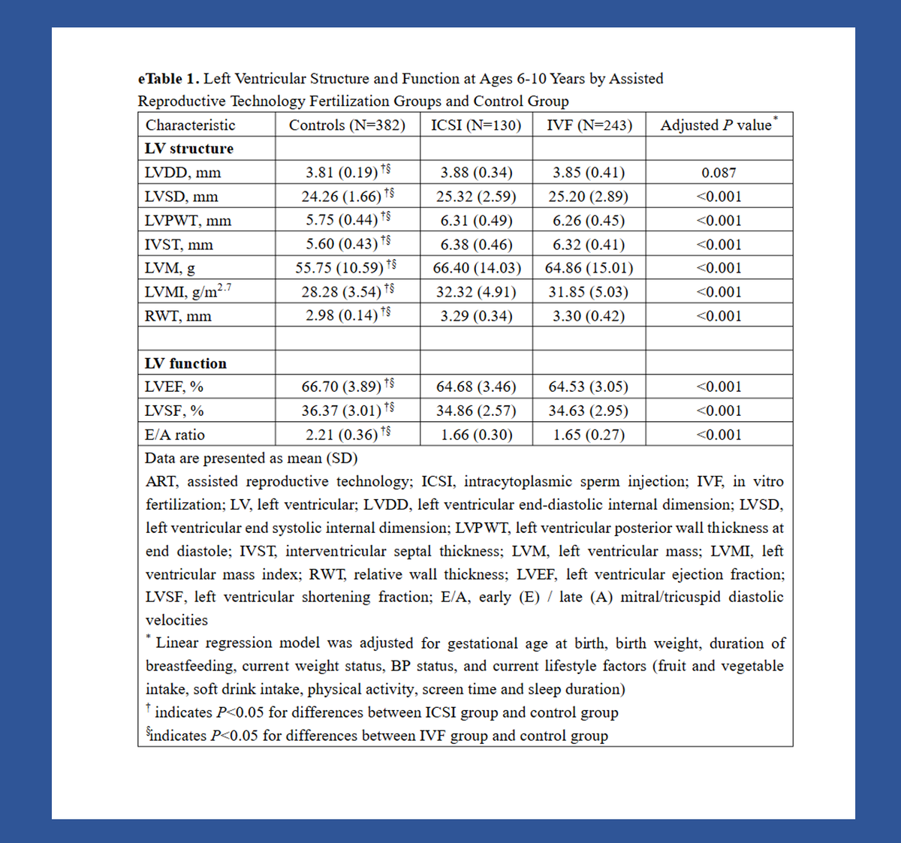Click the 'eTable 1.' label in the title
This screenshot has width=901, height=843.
click(169, 79)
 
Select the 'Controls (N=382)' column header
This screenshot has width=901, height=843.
click(347, 125)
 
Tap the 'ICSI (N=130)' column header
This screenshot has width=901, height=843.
click(476, 125)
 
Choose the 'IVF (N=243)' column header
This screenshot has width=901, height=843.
click(589, 125)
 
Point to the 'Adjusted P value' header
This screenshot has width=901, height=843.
click(717, 125)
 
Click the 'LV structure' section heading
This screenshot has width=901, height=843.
click(188, 149)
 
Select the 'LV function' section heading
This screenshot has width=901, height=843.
click(185, 363)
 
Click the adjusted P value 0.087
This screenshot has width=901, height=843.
click(719, 173)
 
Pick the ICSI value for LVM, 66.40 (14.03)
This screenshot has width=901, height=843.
click(476, 268)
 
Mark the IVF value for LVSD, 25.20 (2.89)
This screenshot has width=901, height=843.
click(589, 197)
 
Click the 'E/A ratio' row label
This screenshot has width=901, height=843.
click(174, 435)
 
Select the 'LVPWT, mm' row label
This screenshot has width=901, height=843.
click(188, 221)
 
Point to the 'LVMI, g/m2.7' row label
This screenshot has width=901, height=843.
click(188, 292)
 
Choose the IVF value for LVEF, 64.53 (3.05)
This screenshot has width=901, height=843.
click(589, 387)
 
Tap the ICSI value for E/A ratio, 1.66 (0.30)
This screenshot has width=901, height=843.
click(476, 435)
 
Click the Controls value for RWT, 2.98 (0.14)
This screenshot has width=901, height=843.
click(342, 316)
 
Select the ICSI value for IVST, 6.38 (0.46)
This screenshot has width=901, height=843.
click(476, 245)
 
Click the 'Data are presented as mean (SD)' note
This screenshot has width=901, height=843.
click(252, 458)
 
